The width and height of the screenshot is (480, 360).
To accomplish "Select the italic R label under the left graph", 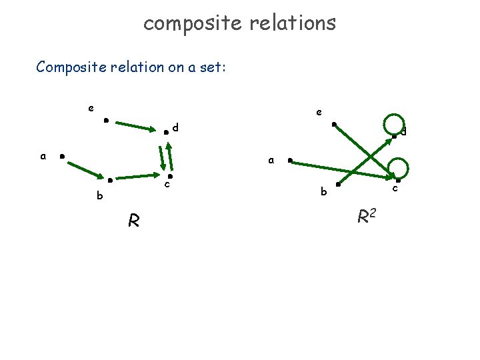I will (x=134, y=220).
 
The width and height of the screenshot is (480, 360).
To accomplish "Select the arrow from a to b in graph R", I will (x=85, y=167).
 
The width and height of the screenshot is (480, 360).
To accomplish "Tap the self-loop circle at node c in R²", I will (x=399, y=168).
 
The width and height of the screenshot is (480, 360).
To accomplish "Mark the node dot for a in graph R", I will (x=61, y=157).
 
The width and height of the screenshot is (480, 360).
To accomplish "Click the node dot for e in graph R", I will (x=105, y=121).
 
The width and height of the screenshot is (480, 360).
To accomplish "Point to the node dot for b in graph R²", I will (x=338, y=184).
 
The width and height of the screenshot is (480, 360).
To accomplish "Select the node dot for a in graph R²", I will (x=289, y=160).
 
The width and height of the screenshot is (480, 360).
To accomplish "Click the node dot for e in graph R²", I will (x=334, y=123).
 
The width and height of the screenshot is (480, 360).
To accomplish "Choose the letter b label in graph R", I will (x=100, y=196).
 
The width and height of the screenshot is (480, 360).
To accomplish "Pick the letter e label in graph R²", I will (x=319, y=113).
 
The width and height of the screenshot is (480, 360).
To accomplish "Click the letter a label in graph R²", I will (x=270, y=160).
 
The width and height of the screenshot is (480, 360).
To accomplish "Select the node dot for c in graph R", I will (x=170, y=176).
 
